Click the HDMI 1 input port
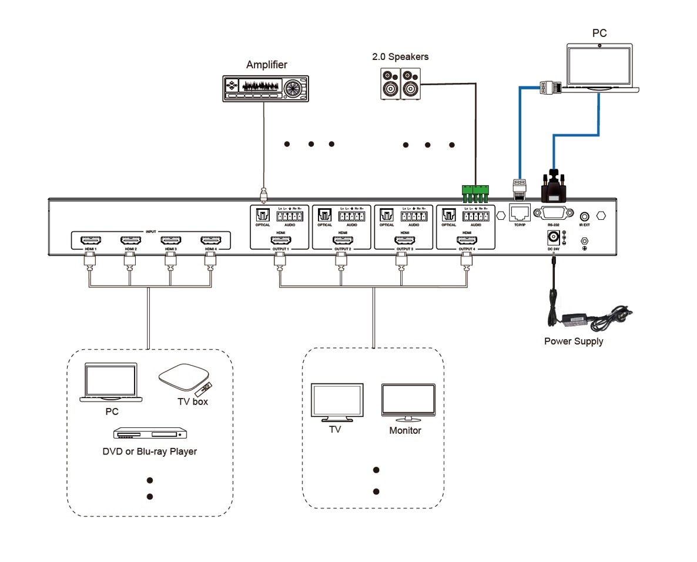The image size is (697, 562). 90,240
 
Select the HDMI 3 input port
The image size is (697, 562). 170,240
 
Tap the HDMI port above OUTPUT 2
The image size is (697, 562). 343,240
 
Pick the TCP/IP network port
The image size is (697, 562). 519,213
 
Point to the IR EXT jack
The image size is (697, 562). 585,216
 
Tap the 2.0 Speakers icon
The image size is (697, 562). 400,82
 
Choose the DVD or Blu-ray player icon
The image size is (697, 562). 150,434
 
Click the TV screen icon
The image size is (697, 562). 337,401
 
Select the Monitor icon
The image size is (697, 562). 408,402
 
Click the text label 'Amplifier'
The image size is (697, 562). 267,65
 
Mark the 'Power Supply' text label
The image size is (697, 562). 573,341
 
